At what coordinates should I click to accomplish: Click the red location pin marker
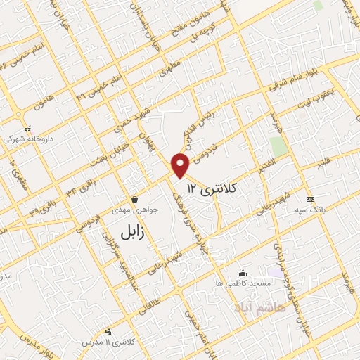tap(181, 165)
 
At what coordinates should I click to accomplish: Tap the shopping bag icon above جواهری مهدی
tap(134, 200)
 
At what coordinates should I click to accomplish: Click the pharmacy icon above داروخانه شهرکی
tap(27, 129)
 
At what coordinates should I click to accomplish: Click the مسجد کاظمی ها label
tap(243, 283)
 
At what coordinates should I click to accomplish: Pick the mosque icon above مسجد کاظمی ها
tap(243, 273)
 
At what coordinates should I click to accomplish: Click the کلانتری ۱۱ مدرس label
tap(109, 341)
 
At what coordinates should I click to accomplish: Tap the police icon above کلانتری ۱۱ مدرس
tap(108, 331)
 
